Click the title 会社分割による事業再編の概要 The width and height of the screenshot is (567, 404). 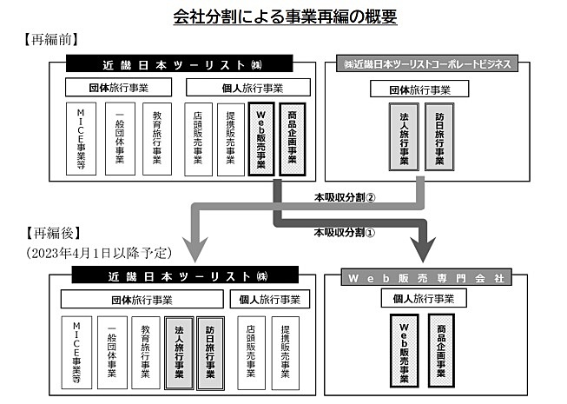pyautogui.click(x=285, y=17)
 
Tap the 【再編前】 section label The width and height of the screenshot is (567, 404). pyautogui.click(x=51, y=39)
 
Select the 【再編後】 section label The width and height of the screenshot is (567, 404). pyautogui.click(x=53, y=233)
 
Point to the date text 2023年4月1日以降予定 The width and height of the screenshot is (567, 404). pyautogui.click(x=98, y=253)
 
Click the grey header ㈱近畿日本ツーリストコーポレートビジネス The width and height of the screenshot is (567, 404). pyautogui.click(x=427, y=63)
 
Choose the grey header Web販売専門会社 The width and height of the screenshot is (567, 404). pyautogui.click(x=426, y=278)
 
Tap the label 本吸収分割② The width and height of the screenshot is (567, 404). pyautogui.click(x=345, y=197)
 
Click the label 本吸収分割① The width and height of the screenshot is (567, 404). pyautogui.click(x=344, y=232)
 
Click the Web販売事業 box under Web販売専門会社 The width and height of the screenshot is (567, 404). pyautogui.click(x=405, y=350)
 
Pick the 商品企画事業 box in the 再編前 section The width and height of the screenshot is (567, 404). pyautogui.click(x=293, y=139)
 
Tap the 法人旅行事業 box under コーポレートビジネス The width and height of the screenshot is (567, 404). pyautogui.click(x=404, y=136)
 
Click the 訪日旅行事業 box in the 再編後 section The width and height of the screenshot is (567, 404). pyautogui.click(x=210, y=354)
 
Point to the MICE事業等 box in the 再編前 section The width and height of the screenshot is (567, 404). pyautogui.click(x=81, y=139)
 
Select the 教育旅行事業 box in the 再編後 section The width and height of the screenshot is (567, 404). pyautogui.click(x=145, y=353)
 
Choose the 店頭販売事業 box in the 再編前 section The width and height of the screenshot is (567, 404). pyautogui.click(x=198, y=140)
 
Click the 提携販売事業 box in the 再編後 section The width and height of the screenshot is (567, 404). pyautogui.click(x=286, y=354)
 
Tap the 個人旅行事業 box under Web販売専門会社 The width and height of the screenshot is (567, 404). pyautogui.click(x=424, y=298)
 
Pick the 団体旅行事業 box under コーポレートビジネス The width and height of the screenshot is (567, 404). pyautogui.click(x=419, y=89)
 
